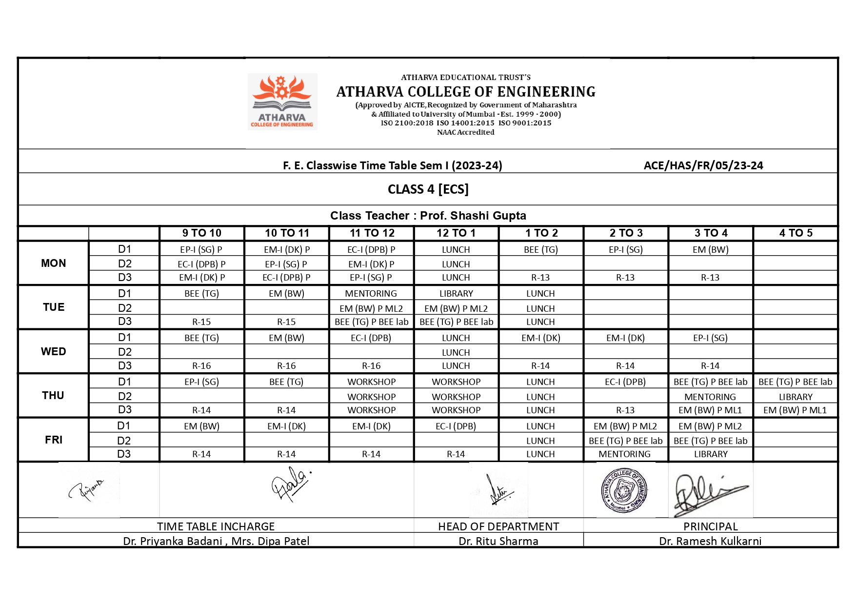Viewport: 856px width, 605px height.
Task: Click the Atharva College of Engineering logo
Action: pyautogui.click(x=282, y=101)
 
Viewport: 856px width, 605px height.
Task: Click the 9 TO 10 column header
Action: pyautogui.click(x=201, y=233)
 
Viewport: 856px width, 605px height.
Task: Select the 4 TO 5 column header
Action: pyautogui.click(x=796, y=233)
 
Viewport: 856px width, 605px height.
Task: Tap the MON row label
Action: pyautogui.click(x=53, y=263)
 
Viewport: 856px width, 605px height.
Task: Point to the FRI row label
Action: pyautogui.click(x=53, y=440)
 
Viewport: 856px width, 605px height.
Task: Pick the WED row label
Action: pyautogui.click(x=53, y=352)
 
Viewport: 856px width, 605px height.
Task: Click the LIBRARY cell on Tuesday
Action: pyautogui.click(x=456, y=294)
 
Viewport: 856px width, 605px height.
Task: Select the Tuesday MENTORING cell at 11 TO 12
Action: pyautogui.click(x=371, y=294)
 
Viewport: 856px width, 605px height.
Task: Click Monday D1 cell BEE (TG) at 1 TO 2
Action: pyautogui.click(x=540, y=250)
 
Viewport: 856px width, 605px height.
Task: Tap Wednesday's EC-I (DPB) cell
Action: pyautogui.click(x=371, y=338)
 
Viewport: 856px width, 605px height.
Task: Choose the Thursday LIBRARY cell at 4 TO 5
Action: pyautogui.click(x=795, y=397)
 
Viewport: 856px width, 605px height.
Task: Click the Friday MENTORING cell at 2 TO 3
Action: pyautogui.click(x=624, y=454)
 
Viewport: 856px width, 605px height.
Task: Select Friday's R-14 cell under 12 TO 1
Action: pyautogui.click(x=456, y=454)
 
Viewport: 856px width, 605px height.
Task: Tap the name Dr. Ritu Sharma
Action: pyautogui.click(x=498, y=541)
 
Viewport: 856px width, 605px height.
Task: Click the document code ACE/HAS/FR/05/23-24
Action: pyautogui.click(x=703, y=166)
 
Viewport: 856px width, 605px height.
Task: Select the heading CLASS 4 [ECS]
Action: pyautogui.click(x=428, y=189)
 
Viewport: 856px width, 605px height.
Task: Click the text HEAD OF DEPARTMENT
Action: pyautogui.click(x=498, y=526)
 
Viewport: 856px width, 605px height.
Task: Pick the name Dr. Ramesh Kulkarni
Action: pyautogui.click(x=710, y=541)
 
